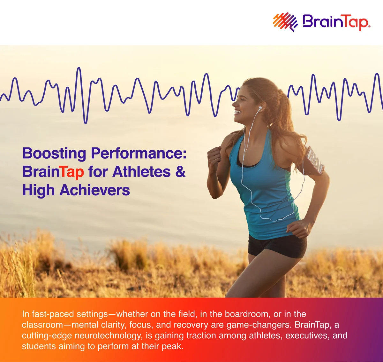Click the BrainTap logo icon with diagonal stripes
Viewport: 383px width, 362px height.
(x=285, y=21)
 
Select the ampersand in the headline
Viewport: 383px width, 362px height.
(x=180, y=171)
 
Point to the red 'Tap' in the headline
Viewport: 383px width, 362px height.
(x=72, y=172)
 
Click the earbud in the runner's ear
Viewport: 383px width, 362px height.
(x=260, y=108)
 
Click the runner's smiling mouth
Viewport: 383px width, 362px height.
(x=238, y=112)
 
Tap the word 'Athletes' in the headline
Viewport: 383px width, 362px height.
(x=141, y=172)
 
